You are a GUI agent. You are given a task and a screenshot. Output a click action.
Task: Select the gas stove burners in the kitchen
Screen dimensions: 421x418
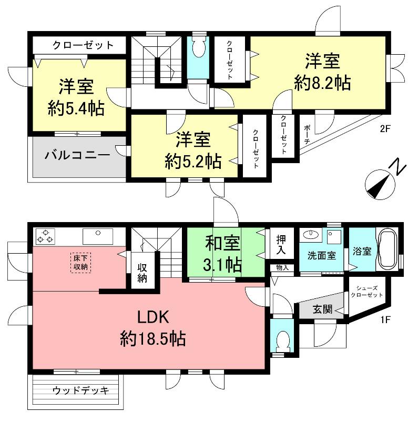coord(44,236)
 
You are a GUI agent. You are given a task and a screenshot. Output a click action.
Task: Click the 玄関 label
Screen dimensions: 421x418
coord(322,309)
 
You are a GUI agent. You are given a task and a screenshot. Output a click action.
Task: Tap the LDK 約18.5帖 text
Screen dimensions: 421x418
coord(152,327)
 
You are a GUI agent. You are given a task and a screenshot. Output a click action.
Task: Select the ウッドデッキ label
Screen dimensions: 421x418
coord(80,390)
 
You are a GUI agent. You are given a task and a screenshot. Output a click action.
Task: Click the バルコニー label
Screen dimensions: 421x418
coord(77,155)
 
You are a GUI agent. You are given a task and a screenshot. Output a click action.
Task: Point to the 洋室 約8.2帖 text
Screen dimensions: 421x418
coord(322,72)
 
